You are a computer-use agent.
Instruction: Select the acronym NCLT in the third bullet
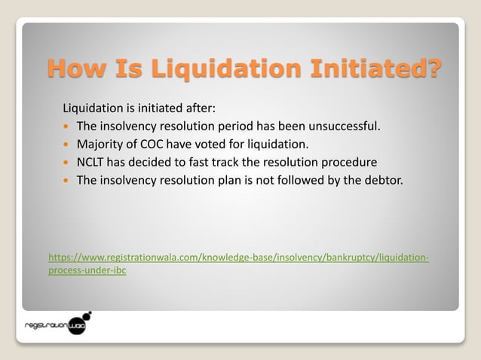(91, 162)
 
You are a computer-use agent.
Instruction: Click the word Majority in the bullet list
(100, 144)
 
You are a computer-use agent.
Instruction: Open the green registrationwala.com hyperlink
(238, 258)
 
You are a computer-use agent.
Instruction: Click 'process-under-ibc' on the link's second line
(87, 270)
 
